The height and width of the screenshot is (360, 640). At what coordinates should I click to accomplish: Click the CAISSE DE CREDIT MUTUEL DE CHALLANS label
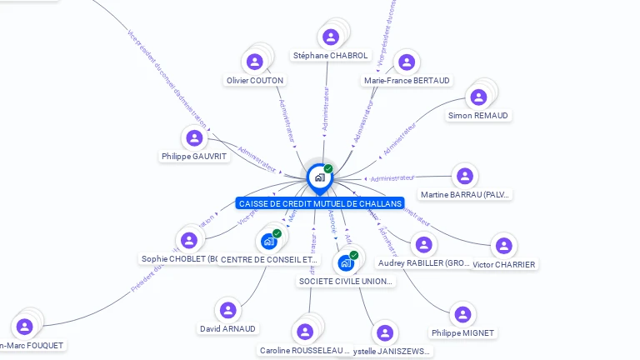319,203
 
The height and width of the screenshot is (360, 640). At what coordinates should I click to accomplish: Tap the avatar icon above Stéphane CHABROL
331,37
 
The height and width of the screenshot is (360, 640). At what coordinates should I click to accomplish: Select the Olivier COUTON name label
255,81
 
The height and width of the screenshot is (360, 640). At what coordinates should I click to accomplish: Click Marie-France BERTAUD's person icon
406,62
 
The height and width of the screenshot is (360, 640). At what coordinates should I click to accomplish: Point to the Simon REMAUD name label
477,116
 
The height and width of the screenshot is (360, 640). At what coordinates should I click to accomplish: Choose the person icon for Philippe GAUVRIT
194,137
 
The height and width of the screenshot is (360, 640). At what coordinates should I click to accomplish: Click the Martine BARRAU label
465,195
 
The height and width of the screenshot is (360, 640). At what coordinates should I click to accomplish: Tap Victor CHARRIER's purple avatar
503,246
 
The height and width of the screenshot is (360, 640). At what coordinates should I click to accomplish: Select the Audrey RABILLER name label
425,263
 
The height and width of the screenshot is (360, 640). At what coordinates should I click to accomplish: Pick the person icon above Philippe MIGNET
462,314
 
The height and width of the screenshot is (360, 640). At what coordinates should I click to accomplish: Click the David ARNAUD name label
228,329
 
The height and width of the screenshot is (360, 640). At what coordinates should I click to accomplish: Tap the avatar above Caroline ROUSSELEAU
304,332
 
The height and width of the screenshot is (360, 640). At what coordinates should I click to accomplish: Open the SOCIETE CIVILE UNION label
346,282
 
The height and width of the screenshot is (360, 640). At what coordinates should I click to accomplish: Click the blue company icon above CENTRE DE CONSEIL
268,242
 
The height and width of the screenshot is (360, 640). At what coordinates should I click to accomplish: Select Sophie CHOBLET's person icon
189,240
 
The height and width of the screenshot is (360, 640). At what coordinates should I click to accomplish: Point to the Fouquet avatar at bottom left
24,326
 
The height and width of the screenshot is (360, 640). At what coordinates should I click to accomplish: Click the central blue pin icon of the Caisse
319,177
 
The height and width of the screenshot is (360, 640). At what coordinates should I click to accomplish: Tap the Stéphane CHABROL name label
330,56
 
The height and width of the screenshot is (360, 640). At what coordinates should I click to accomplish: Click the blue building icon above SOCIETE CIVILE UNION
346,263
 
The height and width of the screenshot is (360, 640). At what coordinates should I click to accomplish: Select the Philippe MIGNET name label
462,333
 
